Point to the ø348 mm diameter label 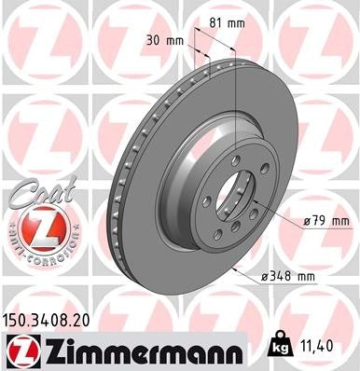click(x=288, y=276)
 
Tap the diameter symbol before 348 click(x=264, y=276)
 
